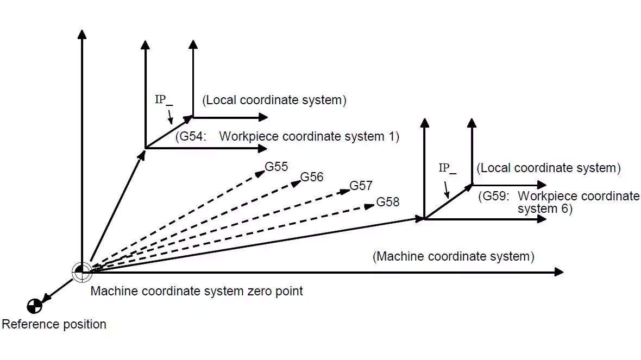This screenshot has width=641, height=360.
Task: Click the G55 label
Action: [276, 167]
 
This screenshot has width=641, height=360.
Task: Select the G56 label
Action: [312, 177]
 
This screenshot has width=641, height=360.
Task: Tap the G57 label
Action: [361, 186]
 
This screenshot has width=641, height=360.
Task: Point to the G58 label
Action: [388, 202]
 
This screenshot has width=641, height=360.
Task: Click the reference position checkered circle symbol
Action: [34, 306]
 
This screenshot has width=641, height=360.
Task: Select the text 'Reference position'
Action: [54, 325]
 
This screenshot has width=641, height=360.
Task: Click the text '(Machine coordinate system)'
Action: [453, 256]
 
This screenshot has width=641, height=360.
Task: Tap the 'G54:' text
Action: [191, 136]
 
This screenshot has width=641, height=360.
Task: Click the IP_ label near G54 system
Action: [163, 100]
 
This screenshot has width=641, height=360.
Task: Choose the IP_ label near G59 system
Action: [447, 168]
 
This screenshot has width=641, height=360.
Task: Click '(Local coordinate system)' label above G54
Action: [274, 100]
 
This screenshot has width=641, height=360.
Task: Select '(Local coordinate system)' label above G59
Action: [548, 168]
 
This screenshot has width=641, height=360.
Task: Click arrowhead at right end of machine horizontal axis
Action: [559, 271]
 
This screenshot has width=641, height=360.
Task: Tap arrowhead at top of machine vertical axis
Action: [81, 34]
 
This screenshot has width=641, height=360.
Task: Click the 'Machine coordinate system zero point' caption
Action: [197, 291]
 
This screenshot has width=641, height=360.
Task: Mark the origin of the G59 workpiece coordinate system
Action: [424, 219]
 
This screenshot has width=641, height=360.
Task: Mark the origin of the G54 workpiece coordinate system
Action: [146, 147]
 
